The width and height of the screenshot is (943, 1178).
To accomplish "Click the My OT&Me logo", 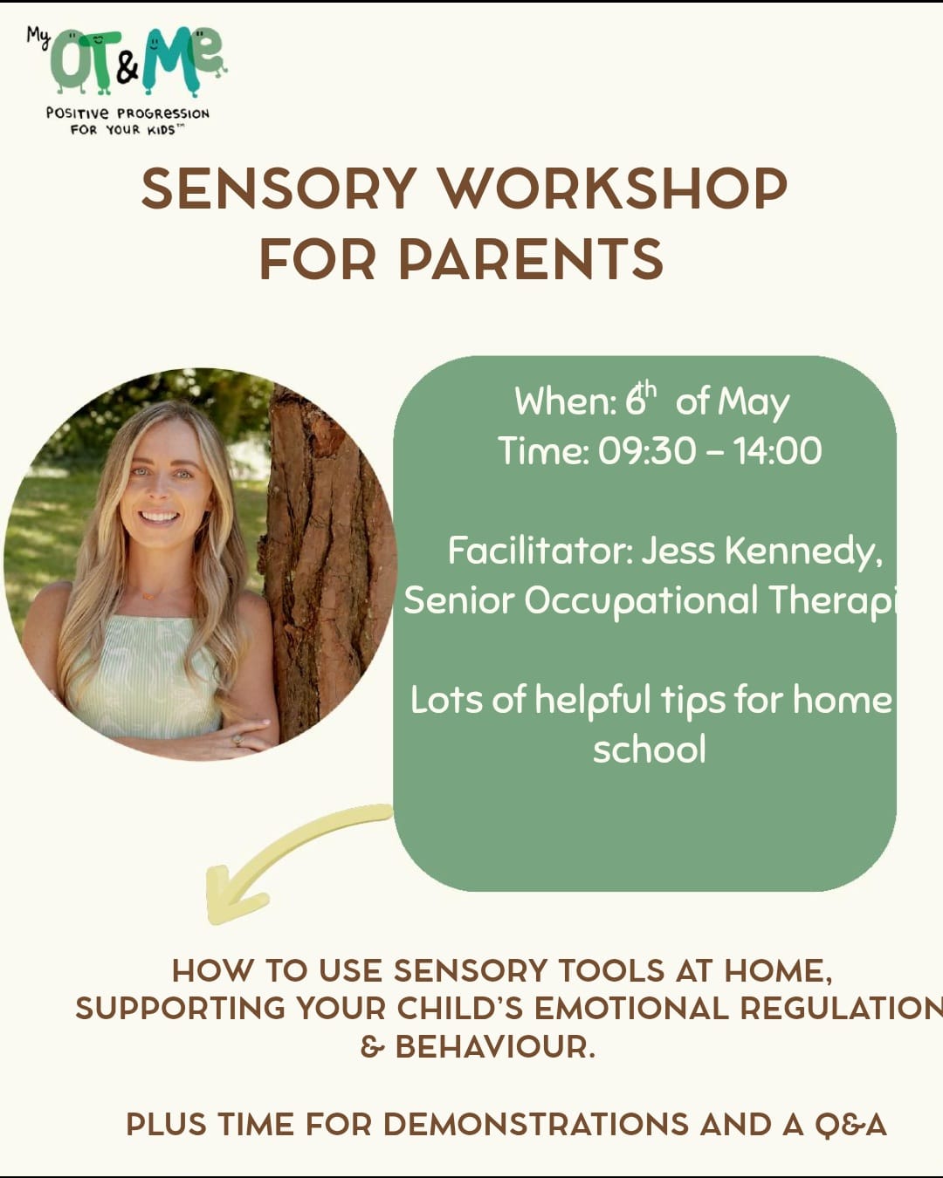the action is [x=127, y=80].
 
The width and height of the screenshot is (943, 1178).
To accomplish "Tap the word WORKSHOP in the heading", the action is [x=614, y=188].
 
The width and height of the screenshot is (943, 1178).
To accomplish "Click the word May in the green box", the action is [x=754, y=403].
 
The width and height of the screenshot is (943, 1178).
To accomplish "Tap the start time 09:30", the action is [x=646, y=451].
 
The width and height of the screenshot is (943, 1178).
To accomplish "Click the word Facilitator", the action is [x=540, y=550].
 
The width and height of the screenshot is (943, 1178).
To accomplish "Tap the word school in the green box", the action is [x=650, y=749].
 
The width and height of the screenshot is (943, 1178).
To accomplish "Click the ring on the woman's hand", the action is [x=238, y=740].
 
